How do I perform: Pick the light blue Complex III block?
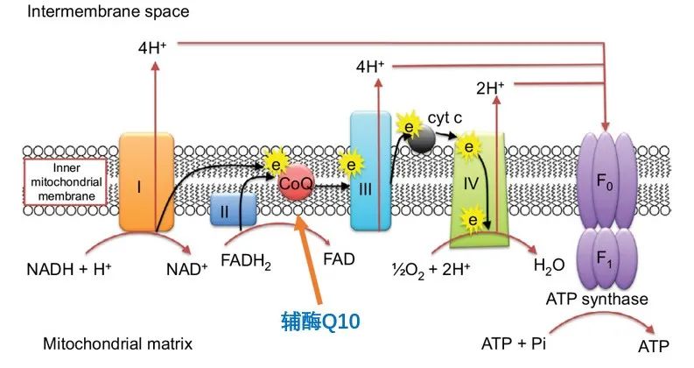pyautogui.click(x=369, y=172)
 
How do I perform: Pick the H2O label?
pyautogui.click(x=538, y=264)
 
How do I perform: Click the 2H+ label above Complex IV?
pyautogui.click(x=491, y=87)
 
